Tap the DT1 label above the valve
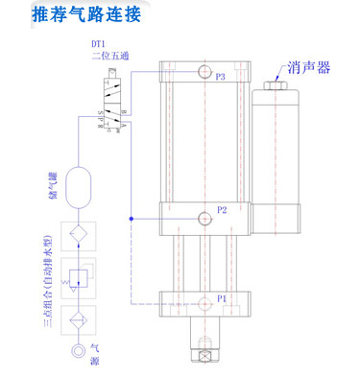tap(98, 44)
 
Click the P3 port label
tap(222, 76)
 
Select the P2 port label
tap(222, 208)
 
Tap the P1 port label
tap(221, 298)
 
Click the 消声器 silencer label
tap(309, 69)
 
